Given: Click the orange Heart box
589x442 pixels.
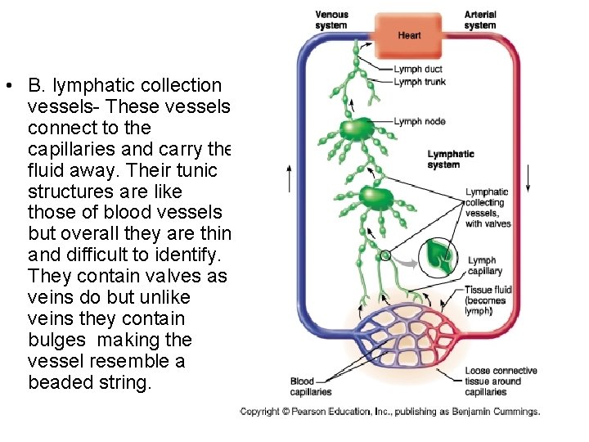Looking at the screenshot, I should click(x=409, y=34).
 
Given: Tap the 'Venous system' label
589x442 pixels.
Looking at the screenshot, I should click(x=331, y=20).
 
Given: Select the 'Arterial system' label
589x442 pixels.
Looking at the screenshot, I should click(x=480, y=20).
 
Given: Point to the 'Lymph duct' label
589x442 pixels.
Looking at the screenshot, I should click(x=418, y=70).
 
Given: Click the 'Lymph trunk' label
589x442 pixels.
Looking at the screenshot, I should click(x=420, y=82).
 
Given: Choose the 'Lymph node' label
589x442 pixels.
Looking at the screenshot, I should click(x=420, y=121).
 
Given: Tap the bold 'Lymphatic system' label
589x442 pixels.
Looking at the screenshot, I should click(x=451, y=159).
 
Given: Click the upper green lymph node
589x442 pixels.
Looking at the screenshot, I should click(x=357, y=129).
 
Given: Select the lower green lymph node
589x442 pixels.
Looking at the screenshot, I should click(x=374, y=197).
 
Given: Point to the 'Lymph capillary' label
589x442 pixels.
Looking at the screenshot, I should click(x=484, y=265).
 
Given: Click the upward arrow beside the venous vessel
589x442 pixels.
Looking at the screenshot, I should click(x=289, y=177).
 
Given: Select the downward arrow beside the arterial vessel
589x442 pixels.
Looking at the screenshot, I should click(x=528, y=177).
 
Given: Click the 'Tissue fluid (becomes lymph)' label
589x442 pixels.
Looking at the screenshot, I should click(x=488, y=300).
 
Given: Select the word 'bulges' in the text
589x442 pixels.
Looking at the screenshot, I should click(x=58, y=339).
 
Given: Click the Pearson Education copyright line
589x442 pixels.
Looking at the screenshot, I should click(x=389, y=411).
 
